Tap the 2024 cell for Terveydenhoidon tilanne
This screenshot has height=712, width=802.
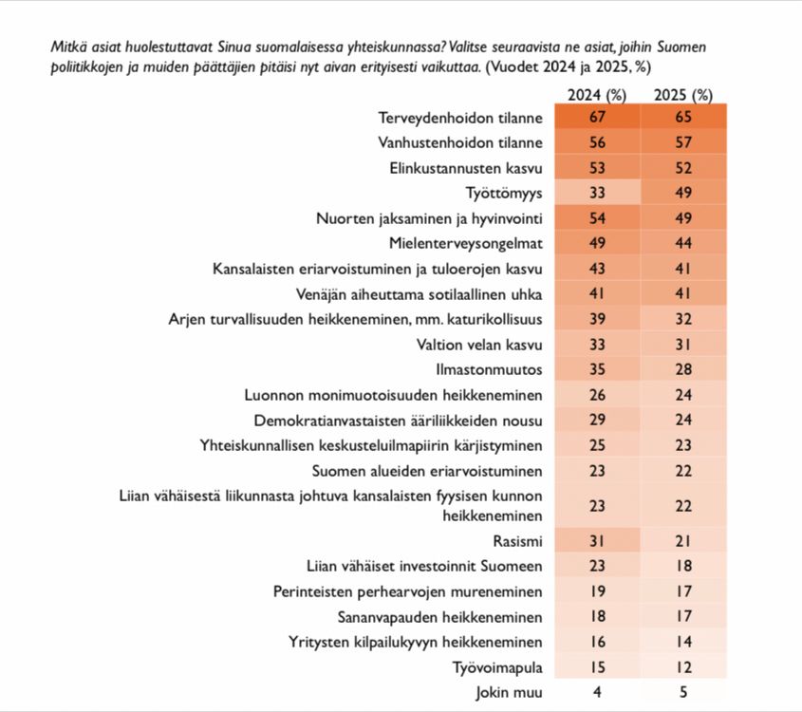[x=597, y=118]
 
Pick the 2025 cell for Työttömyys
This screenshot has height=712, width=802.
[x=683, y=193]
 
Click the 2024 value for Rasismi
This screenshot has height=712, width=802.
[x=597, y=541]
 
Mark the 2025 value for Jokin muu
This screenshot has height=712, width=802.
[x=683, y=691]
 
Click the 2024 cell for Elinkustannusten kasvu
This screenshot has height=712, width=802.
[x=597, y=168]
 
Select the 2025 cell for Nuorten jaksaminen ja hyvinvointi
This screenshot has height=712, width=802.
[x=683, y=217]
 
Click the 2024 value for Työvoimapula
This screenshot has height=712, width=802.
[x=597, y=666]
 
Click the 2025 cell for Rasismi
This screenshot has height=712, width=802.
[x=683, y=541]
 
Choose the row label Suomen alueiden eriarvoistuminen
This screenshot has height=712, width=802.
[x=427, y=470]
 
